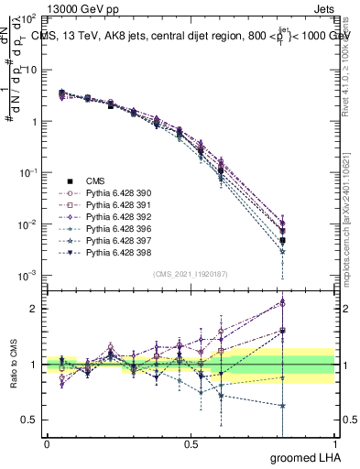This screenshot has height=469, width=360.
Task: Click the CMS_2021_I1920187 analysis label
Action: [190, 274]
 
